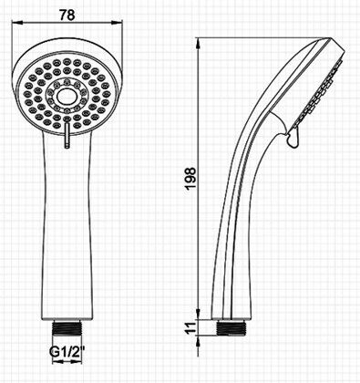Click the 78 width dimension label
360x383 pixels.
coord(67,15)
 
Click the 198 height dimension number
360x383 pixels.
coord(191,179)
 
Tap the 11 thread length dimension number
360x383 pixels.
coord(191,328)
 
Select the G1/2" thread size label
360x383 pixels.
coord(67,352)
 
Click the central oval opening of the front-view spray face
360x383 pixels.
coord(67,97)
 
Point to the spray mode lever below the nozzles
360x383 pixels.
coord(67,133)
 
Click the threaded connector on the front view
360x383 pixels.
coord(67,327)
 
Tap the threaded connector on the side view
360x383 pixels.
coord(231,327)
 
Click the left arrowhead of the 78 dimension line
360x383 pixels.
coord(17,22)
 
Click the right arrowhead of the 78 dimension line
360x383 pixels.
coord(117,22)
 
